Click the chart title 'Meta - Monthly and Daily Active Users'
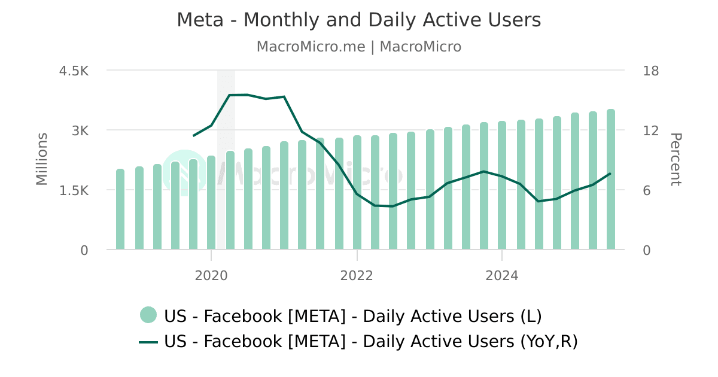point(358,20)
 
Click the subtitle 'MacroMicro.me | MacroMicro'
point(358,47)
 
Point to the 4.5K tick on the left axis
point(74,71)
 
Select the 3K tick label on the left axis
point(80,130)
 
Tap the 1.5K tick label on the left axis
point(74,190)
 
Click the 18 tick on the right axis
point(650,71)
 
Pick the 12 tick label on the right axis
point(650,130)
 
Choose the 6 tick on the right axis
point(647,190)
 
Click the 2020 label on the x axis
point(211,276)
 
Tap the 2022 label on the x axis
point(357,276)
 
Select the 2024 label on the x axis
point(501,276)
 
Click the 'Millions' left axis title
point(41,159)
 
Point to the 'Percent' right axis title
point(675,159)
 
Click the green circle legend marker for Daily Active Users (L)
point(148,315)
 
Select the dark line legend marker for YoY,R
point(148,342)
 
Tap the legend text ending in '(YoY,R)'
point(371,342)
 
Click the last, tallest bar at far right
point(611,180)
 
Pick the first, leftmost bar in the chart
point(120,209)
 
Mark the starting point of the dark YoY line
point(193,136)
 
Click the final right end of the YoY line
point(610,174)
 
